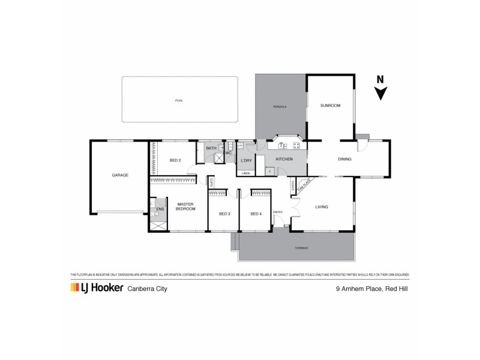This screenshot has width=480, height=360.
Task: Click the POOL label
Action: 179,101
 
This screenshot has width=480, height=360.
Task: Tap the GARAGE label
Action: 120,175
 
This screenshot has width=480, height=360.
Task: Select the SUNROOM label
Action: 330,106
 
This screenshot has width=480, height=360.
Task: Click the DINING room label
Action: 344,160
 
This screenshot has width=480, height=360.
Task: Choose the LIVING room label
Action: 322,208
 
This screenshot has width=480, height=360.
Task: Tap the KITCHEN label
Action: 284,159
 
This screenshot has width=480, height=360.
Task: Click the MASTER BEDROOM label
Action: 185,207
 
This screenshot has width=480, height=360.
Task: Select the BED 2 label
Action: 175,160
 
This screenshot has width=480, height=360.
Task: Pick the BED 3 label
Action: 224,214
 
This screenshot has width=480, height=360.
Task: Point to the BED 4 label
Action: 256,214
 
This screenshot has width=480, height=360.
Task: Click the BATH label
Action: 211,148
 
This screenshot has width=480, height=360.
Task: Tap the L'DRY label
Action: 246,161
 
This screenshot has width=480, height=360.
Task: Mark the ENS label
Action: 160,209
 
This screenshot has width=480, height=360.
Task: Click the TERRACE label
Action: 301,248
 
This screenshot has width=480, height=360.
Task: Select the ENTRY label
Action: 278,212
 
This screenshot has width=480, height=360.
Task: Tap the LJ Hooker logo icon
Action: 76,288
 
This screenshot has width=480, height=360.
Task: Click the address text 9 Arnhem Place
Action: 356,289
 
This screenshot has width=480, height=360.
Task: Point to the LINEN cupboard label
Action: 246,173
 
